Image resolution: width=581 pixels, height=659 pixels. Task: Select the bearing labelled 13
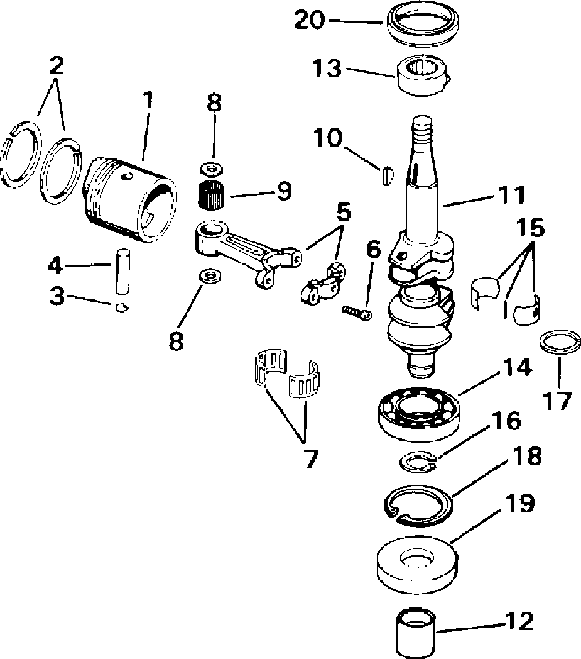pyautogui.click(x=422, y=75)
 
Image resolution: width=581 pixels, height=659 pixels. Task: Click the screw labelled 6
pyautogui.click(x=357, y=311)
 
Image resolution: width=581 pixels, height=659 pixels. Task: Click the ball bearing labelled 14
pyautogui.click(x=418, y=411)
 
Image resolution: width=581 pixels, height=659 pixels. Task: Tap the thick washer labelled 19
pyautogui.click(x=416, y=561)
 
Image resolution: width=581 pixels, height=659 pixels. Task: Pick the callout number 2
pyautogui.click(x=57, y=65)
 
